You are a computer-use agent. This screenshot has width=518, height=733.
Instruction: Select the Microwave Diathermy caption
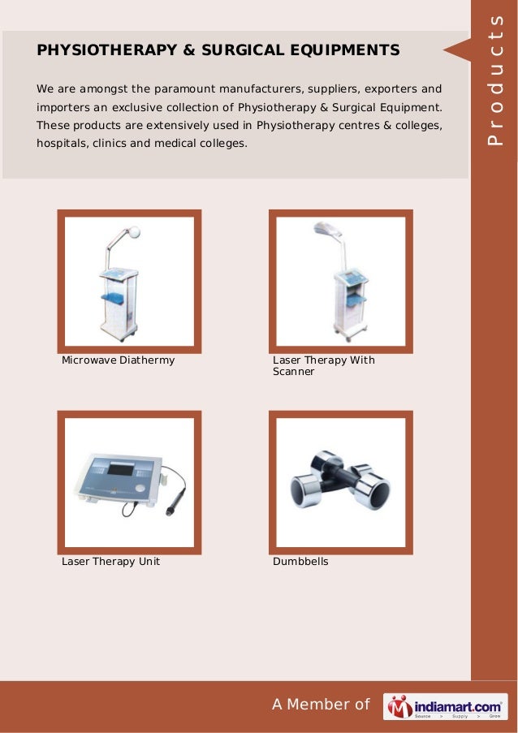coord(119,360)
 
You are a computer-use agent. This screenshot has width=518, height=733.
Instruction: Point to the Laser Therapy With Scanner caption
coord(323,365)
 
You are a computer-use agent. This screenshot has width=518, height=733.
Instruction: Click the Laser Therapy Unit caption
coord(110,561)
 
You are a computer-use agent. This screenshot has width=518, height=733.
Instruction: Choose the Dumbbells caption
coord(300,561)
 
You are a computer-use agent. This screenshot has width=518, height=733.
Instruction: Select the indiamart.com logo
coord(444,705)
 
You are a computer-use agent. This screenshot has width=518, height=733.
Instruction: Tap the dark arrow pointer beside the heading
coord(455,50)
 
